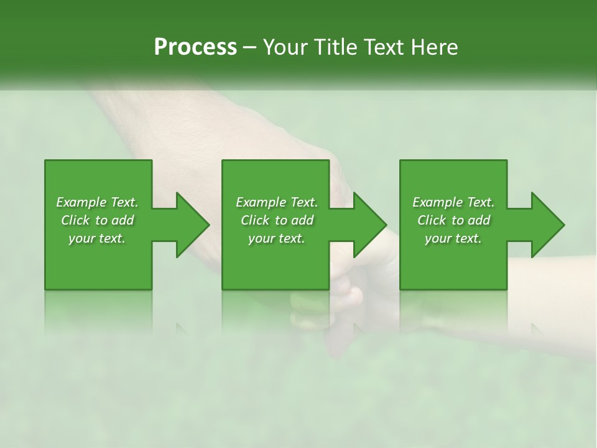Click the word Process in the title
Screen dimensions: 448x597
pyautogui.click(x=195, y=47)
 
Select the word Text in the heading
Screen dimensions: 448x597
pyautogui.click(x=382, y=47)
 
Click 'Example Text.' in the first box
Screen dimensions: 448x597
pyautogui.click(x=97, y=202)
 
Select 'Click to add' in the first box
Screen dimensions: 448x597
pyautogui.click(x=97, y=220)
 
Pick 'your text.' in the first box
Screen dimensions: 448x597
pyautogui.click(x=97, y=238)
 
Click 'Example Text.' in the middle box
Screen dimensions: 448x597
pyautogui.click(x=276, y=202)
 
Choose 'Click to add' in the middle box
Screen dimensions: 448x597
pyautogui.click(x=276, y=220)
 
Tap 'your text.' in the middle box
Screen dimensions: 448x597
pyautogui.click(x=276, y=238)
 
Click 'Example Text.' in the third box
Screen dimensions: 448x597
pyautogui.click(x=453, y=202)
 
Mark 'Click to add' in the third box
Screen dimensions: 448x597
pyautogui.click(x=453, y=220)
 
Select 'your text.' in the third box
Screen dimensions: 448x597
pyautogui.click(x=453, y=238)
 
